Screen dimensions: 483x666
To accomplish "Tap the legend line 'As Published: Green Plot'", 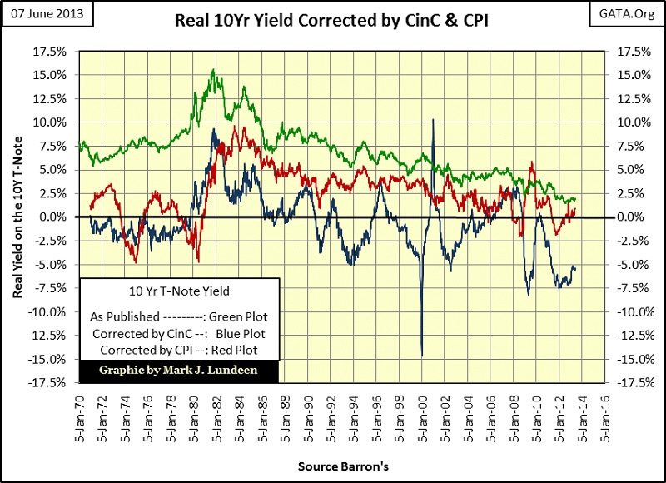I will [179, 317].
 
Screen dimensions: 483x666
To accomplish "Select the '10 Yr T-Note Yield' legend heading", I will [179, 291].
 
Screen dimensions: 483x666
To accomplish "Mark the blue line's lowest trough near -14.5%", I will [421, 356].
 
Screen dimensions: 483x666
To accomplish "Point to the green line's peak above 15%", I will [214, 70].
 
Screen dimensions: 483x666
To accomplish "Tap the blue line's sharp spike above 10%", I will [434, 120].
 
